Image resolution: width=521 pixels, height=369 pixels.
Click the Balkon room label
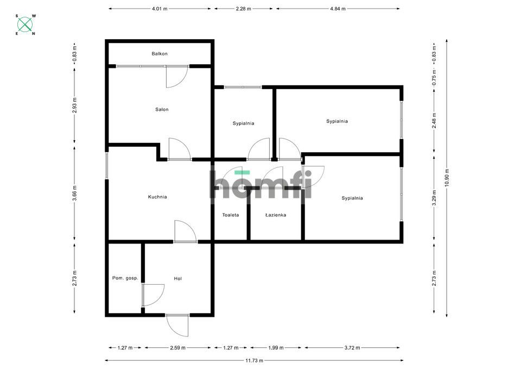click(x=160, y=54)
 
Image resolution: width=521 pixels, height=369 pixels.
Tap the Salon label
click(x=162, y=109)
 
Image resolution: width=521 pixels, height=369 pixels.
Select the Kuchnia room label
click(x=157, y=197)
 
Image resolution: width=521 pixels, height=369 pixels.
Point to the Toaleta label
click(x=231, y=215)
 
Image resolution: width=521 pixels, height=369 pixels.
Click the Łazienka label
click(x=276, y=215)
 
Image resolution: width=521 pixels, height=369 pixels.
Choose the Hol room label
click(x=178, y=278)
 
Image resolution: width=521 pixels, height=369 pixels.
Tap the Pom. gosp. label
click(x=125, y=278)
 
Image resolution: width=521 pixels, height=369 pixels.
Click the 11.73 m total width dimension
click(x=255, y=360)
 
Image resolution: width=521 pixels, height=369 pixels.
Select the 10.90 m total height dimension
click(x=447, y=178)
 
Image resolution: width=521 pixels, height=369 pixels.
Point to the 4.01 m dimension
click(x=160, y=9)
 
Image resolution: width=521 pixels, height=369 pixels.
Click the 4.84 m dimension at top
click(x=338, y=9)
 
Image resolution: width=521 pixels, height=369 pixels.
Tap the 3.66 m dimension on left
click(x=74, y=193)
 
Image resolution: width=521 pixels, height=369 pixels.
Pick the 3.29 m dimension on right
click(x=434, y=198)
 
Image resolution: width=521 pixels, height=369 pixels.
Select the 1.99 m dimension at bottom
click(x=276, y=348)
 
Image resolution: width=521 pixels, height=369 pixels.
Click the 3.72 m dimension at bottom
click(x=352, y=348)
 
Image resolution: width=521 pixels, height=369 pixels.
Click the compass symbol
click(x=25, y=24)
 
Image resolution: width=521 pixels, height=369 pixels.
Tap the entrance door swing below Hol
click(x=177, y=325)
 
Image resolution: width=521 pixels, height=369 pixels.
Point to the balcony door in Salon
click(x=177, y=77)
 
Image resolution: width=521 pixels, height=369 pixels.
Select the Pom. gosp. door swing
click(x=153, y=295)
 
